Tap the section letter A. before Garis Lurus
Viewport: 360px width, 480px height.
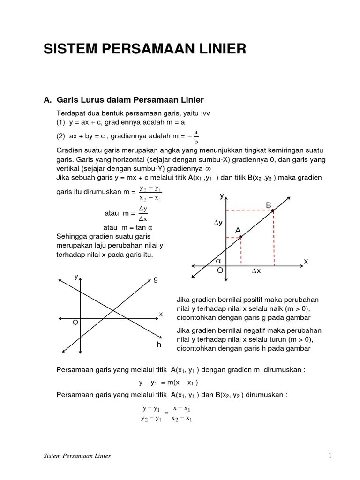pos(47,100)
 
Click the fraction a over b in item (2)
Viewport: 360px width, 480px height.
pos(196,136)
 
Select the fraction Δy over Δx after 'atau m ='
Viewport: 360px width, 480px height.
pos(143,213)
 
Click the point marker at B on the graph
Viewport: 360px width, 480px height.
pos(273,211)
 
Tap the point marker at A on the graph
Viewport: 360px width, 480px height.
pos(240,237)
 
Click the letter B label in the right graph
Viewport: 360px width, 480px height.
pos(269,205)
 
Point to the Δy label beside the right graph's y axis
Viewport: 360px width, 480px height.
pos(218,224)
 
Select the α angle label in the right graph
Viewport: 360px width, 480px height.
pos(218,260)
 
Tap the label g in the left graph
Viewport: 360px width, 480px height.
pos(156,279)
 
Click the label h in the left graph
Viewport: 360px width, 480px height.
pos(159,345)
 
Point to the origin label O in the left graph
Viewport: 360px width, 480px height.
pos(75,323)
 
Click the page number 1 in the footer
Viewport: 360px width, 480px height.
pos(330,456)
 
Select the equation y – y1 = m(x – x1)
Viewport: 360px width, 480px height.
pos(168,382)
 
